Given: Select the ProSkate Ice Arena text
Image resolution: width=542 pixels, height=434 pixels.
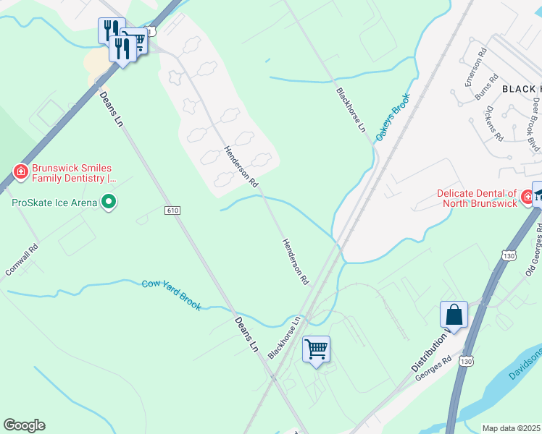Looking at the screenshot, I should (x=54, y=203).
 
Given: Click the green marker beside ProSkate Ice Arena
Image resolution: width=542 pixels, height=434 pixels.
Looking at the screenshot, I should (x=109, y=202).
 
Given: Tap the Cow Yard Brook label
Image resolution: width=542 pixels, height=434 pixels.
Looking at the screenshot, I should (x=171, y=295).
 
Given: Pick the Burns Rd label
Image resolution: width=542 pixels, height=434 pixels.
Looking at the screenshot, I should (x=489, y=88).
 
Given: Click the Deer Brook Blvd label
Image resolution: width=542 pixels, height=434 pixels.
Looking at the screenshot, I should (x=536, y=123).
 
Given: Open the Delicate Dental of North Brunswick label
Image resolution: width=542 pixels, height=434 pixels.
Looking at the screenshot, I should (x=477, y=197).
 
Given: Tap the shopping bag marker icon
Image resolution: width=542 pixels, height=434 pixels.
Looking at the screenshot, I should (x=454, y=315).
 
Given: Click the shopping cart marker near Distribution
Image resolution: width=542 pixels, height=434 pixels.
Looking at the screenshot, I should (x=316, y=350).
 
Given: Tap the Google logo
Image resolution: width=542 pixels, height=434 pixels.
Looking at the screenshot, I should (x=24, y=425).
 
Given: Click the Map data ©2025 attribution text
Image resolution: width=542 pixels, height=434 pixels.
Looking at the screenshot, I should (x=512, y=428).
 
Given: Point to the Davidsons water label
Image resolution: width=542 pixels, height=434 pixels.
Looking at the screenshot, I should (x=525, y=369).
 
